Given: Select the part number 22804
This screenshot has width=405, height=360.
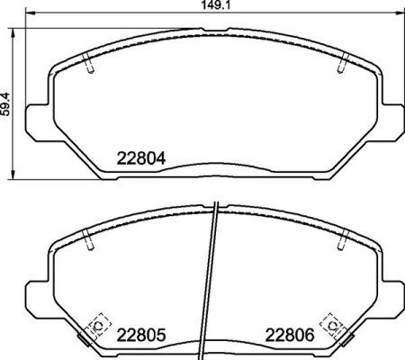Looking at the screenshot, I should coord(142,158).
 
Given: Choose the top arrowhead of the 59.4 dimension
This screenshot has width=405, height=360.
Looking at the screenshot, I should coord(15,31).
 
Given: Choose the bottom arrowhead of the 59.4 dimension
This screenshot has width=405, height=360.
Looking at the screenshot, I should coord(15,174).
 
